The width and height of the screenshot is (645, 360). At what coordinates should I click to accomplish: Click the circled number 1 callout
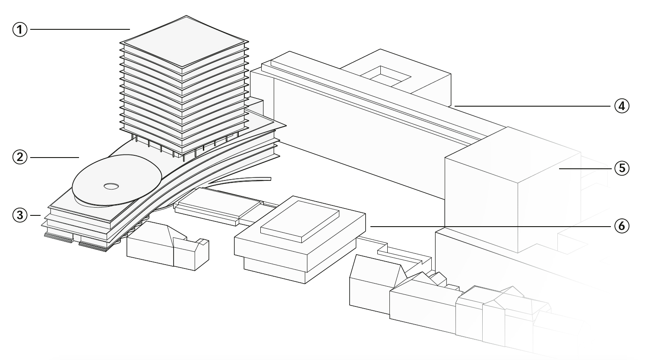click(x=20, y=29)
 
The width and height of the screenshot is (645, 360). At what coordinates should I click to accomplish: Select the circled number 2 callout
click(x=20, y=157)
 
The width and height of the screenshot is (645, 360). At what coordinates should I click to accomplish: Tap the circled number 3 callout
click(x=20, y=215)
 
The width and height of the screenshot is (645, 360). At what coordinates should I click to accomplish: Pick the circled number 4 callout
click(x=622, y=106)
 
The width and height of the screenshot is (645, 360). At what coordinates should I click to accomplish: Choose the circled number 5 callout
click(x=622, y=168)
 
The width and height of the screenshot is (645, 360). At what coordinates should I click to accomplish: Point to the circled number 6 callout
click(x=622, y=226)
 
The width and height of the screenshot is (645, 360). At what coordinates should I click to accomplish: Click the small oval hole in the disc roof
click(x=111, y=186)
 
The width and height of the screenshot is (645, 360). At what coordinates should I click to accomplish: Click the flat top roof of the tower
click(x=184, y=41)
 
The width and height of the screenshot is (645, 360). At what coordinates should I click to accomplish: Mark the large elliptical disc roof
click(x=117, y=180)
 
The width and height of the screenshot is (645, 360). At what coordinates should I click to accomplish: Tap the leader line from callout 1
click(x=80, y=29)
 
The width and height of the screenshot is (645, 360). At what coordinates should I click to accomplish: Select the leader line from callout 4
click(x=532, y=106)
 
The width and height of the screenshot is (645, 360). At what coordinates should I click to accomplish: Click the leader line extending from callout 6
click(x=490, y=226)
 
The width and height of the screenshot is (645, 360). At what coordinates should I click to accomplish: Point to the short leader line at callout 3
click(x=35, y=215)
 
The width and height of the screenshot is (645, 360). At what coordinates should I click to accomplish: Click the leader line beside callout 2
click(x=54, y=157)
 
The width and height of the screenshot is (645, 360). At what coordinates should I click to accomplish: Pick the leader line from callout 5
click(x=585, y=168)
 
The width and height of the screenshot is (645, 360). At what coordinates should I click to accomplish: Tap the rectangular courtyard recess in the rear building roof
click(x=385, y=76)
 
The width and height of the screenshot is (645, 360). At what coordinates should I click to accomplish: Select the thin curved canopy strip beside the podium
click(x=240, y=180)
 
